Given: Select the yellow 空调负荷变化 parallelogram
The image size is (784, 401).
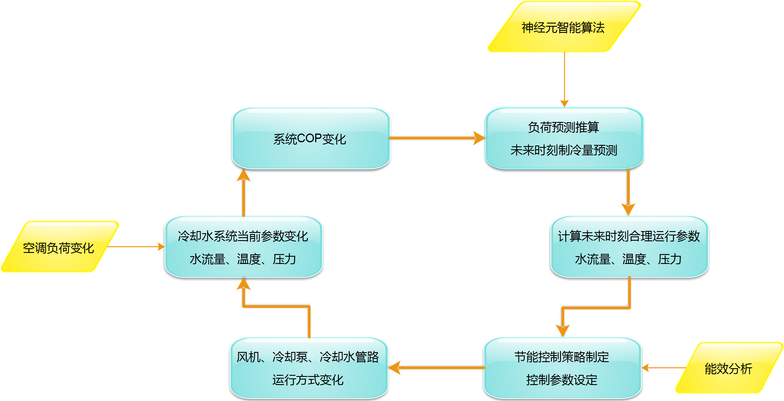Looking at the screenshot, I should tap(59, 247).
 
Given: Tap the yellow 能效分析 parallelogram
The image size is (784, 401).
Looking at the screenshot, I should tap(729, 368).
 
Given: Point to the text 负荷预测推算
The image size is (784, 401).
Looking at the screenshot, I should tap(563, 127).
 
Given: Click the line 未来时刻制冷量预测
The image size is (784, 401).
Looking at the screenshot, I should tap(564, 150).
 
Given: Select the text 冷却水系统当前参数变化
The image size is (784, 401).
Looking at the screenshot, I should tap(243, 236).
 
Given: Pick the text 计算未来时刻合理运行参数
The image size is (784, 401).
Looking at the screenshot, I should tap(629, 236).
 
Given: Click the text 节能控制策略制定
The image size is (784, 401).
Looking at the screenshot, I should tap(562, 357).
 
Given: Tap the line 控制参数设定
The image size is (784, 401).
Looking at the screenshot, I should tap(562, 380).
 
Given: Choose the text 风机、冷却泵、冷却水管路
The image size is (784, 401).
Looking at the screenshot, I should tap(308, 357).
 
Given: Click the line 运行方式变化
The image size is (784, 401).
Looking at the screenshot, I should tap(308, 380).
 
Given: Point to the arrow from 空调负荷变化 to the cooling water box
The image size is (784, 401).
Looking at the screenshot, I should tap(134, 247).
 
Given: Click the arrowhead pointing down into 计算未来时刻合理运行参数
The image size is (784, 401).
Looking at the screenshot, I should tap(628, 209).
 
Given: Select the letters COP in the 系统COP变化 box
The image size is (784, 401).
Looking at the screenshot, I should tap(310, 139).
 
